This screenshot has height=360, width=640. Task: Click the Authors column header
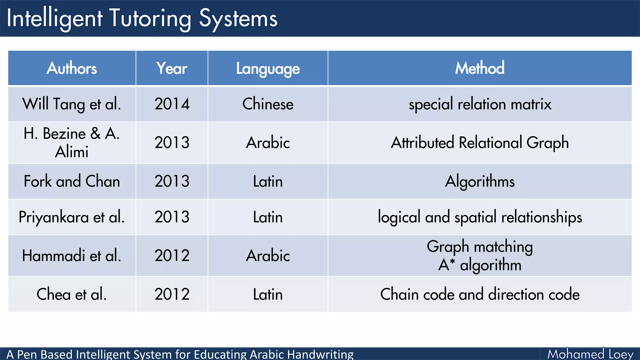72,68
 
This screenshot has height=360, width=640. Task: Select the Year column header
172,68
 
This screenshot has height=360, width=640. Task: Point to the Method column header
480,68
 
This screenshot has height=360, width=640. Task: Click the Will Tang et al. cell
72,104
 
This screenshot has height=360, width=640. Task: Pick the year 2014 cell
172,104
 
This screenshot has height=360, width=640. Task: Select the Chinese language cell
268,104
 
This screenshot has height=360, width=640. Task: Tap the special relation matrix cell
480,104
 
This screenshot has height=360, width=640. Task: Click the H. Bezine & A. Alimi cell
72,142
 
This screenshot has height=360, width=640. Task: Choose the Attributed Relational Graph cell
480,142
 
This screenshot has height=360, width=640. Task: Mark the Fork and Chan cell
72,181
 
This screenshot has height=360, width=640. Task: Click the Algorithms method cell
480,181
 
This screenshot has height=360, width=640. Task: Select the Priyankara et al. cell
72,217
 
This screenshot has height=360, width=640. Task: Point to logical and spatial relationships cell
480,217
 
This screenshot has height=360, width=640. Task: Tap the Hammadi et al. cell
72,256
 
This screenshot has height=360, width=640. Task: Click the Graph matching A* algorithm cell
480,256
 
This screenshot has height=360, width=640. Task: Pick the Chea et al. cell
72,294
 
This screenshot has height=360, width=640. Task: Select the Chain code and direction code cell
480,294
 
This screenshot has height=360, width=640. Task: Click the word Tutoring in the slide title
150,19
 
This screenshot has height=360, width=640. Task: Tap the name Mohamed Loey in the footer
590,354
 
